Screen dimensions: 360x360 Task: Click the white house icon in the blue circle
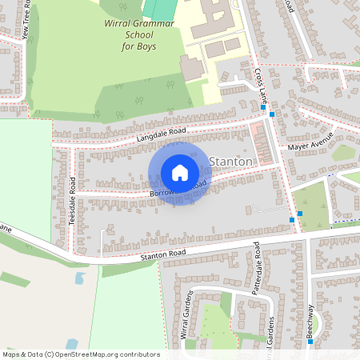coord(179,173)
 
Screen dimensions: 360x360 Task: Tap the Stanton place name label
coord(230,162)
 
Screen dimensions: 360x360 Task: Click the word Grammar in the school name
coord(154,24)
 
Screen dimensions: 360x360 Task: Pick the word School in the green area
coord(126,35)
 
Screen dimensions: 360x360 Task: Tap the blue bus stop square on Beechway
coord(309,342)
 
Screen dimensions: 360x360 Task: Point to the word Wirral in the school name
coord(119,24)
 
